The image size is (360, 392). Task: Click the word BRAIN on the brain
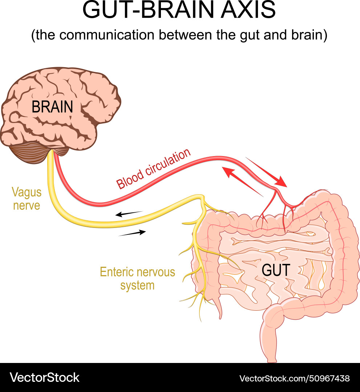click(x=52, y=107)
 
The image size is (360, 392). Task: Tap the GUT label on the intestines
click(x=276, y=270)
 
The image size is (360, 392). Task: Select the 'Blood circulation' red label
click(x=153, y=169)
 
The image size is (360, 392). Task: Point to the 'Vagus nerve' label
click(x=26, y=199)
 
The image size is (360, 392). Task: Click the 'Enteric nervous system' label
click(x=137, y=278)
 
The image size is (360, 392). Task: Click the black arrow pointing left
click(x=129, y=214)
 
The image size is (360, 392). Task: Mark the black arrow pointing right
click(x=132, y=233)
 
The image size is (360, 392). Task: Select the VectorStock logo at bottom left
click(x=44, y=377)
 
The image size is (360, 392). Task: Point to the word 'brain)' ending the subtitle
click(x=311, y=36)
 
